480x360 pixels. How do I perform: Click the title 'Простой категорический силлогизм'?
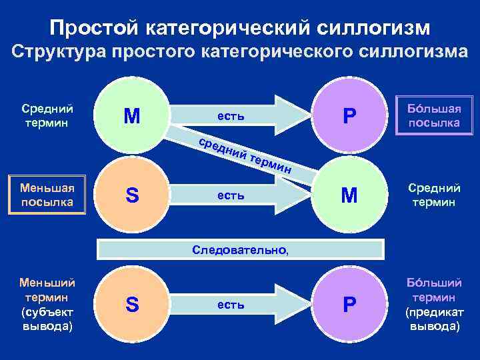coord(240,27)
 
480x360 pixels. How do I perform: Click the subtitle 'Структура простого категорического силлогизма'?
coord(240,53)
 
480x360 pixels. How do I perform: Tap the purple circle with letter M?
coord(132,117)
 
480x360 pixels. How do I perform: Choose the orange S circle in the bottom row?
coord(132,305)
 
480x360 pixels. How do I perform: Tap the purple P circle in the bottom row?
coord(349,305)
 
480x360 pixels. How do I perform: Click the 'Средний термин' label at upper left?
coord(47,115)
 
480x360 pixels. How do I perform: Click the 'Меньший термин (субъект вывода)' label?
coord(47,305)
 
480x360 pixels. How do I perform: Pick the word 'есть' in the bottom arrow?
coord(231,305)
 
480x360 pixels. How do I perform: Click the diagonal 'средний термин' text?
coord(246,155)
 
